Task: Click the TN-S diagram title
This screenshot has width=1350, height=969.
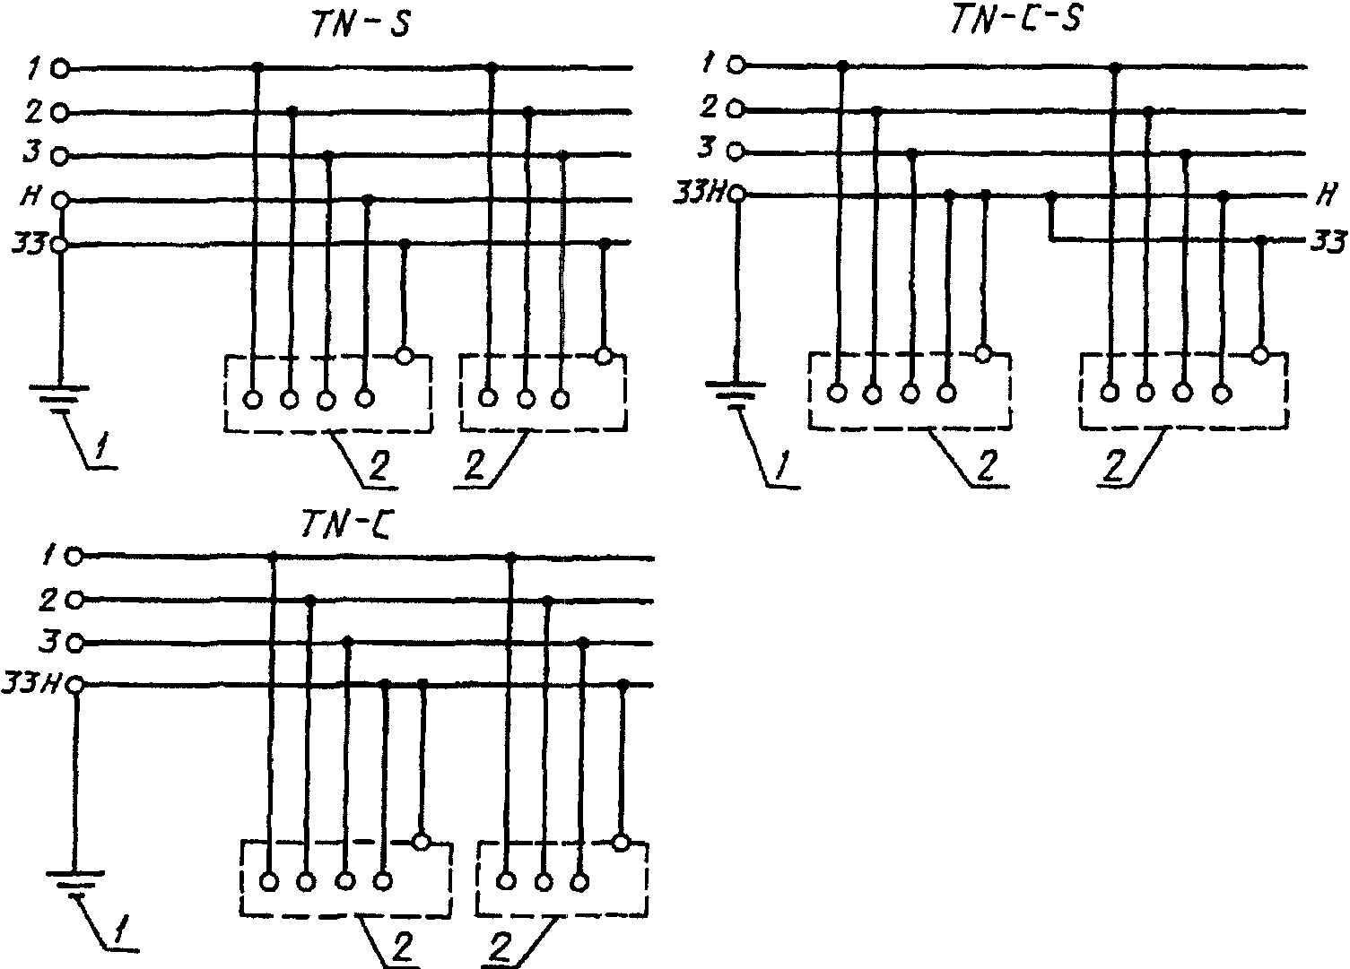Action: (361, 25)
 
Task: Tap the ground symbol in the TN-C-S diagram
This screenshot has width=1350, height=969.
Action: (736, 395)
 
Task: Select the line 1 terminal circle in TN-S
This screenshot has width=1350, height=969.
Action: (60, 69)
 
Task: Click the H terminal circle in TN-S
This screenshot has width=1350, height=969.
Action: (60, 199)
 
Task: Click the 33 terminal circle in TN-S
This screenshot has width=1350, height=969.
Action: (59, 245)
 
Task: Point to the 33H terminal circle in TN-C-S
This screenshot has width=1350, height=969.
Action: (736, 195)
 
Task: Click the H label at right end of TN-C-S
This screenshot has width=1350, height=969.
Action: (1326, 195)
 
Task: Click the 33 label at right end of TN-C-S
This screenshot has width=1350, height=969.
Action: (1328, 241)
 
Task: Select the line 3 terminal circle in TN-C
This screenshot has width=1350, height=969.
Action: (74, 644)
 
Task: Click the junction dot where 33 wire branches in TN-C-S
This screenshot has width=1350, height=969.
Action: (1051, 195)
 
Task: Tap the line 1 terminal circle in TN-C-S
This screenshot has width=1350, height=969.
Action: (736, 65)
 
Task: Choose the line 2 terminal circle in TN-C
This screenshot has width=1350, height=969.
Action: (74, 601)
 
